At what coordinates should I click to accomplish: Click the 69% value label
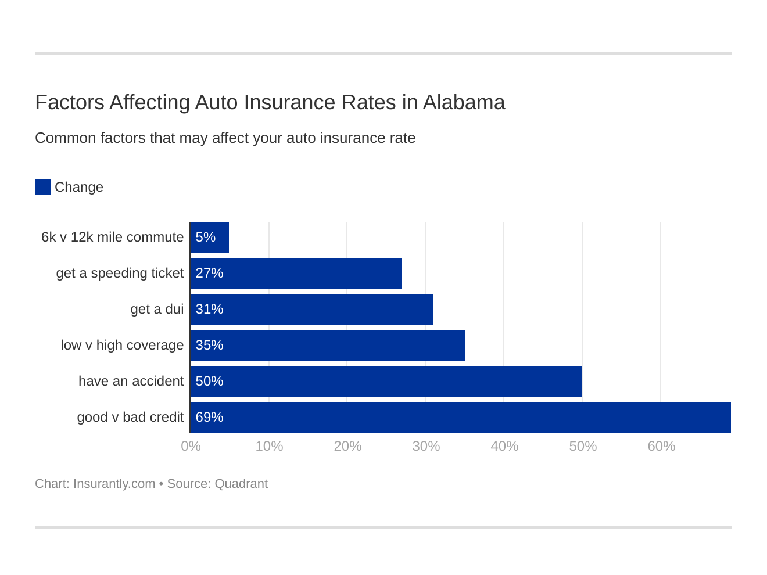click(x=209, y=418)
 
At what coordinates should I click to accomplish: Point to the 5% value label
click(x=205, y=238)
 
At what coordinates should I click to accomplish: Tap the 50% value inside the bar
click(x=209, y=382)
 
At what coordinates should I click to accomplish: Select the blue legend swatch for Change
click(x=43, y=187)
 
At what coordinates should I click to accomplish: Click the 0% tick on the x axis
click(x=191, y=446)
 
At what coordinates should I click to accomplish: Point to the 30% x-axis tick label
click(x=426, y=446)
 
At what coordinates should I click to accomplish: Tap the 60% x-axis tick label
click(x=661, y=446)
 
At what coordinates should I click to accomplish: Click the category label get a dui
click(x=157, y=310)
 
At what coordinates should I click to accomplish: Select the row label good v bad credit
click(x=130, y=418)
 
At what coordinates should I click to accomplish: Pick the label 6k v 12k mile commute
click(x=112, y=238)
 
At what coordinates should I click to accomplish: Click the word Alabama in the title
click(x=464, y=102)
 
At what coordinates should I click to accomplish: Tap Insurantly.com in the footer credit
click(x=114, y=484)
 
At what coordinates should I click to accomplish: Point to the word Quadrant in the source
click(x=241, y=484)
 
